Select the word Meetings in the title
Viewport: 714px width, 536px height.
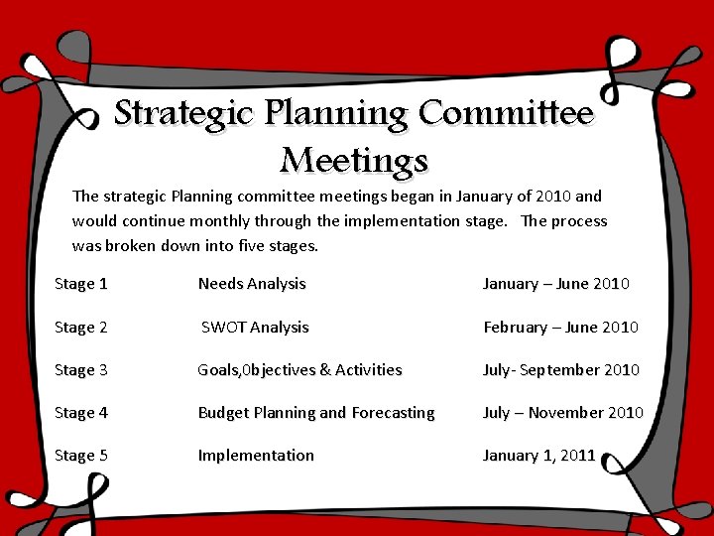[354, 159]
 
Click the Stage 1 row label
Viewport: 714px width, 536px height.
[81, 284]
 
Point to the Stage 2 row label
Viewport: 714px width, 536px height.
[81, 328]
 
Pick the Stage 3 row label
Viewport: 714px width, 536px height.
[81, 370]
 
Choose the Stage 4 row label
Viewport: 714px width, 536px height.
[81, 413]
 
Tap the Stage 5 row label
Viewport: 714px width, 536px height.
[81, 456]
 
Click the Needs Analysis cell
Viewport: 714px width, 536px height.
[252, 284]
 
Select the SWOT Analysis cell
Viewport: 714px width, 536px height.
[255, 328]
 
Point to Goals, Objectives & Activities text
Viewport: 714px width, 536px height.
[299, 370]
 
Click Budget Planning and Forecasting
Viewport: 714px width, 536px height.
[316, 413]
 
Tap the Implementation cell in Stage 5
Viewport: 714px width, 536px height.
[256, 456]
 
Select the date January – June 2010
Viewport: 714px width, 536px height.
[555, 284]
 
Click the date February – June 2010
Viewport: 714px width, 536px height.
[560, 328]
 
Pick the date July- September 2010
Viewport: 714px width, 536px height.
[560, 370]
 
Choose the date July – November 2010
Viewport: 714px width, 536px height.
[562, 413]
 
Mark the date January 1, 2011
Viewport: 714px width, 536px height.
[538, 456]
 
